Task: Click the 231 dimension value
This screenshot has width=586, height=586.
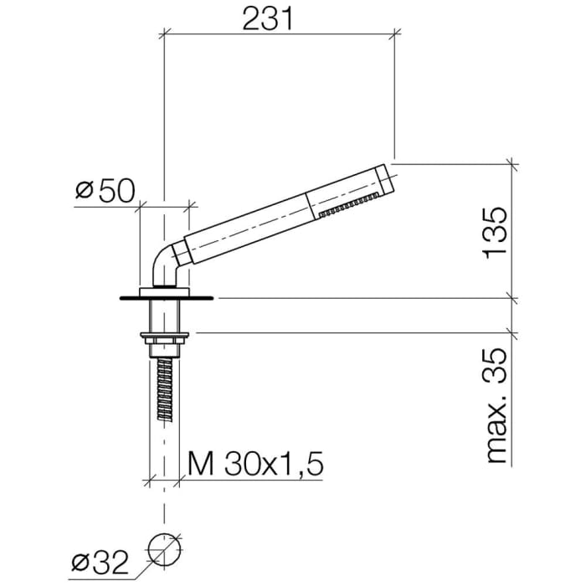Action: tap(268, 18)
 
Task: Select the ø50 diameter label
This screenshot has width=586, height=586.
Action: tap(105, 191)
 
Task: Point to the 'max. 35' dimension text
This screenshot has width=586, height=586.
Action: tap(496, 405)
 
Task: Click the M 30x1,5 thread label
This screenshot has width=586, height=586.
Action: tap(255, 464)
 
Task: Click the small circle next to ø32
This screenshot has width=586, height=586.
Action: tap(164, 549)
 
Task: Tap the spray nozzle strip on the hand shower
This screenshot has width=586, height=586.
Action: tap(348, 204)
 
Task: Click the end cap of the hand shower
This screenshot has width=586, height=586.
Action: tap(385, 177)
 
